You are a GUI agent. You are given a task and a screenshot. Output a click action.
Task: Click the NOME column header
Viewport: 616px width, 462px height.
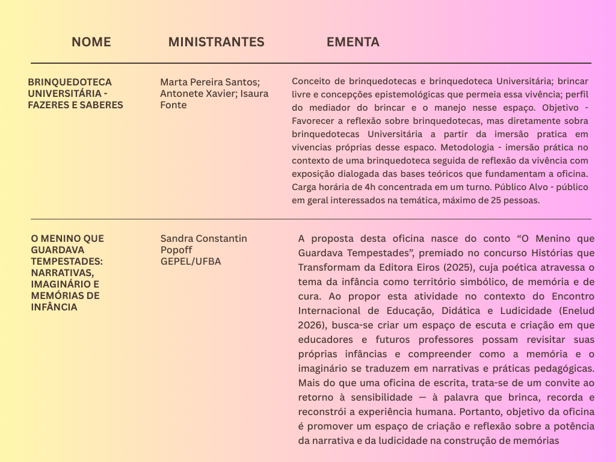[91, 42]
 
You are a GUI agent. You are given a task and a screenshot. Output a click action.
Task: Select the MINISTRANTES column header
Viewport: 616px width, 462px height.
[216, 42]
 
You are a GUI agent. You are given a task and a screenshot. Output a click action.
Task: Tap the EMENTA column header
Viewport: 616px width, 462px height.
[353, 42]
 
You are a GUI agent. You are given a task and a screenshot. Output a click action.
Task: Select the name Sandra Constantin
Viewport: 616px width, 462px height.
[203, 238]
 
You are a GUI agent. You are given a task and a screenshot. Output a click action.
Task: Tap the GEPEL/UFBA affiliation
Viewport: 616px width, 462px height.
[191, 261]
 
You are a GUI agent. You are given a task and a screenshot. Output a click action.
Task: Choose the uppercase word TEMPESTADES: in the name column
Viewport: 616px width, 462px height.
[67, 261]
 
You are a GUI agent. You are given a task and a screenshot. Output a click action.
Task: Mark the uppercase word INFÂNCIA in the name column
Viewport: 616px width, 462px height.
[54, 307]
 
